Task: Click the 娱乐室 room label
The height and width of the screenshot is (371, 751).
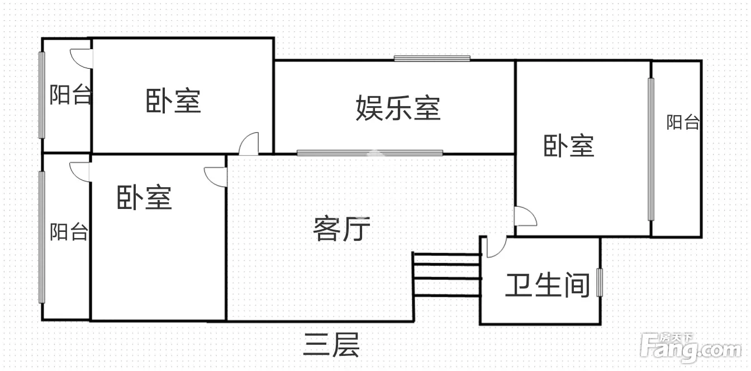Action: (398, 108)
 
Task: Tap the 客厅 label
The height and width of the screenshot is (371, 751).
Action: (341, 229)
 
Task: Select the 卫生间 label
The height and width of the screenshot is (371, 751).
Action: (548, 285)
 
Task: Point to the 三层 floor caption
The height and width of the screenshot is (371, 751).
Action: (331, 345)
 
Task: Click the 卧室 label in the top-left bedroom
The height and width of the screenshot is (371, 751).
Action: (173, 101)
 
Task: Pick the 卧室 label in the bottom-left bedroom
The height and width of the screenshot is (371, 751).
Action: (144, 197)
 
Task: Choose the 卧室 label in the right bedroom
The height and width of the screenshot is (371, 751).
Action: (569, 146)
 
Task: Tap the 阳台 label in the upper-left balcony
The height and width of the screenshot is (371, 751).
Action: (70, 95)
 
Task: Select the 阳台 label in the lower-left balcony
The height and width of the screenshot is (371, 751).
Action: (69, 231)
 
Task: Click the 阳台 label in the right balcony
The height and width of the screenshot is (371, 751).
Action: (682, 122)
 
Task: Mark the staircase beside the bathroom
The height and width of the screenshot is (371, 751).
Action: (446, 274)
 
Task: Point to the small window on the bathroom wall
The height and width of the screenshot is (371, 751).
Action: (600, 282)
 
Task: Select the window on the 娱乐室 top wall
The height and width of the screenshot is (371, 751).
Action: (431, 58)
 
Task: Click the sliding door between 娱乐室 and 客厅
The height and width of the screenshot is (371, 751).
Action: (369, 152)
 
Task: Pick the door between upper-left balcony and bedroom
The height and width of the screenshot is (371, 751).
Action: (82, 58)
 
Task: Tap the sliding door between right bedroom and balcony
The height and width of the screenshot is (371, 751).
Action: (650, 149)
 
